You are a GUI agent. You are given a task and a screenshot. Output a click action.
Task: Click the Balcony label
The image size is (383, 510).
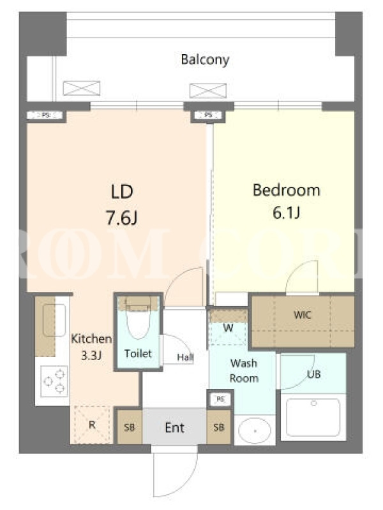click(205, 60)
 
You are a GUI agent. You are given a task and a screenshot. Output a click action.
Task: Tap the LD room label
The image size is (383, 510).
click(122, 192)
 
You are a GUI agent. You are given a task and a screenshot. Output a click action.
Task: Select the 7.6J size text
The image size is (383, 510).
click(122, 217)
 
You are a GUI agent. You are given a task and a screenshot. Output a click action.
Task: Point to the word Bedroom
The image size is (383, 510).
click(287, 190)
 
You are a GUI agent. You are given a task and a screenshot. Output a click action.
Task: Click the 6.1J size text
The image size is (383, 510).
click(286, 213)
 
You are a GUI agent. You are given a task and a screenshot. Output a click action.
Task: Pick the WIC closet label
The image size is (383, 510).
click(302, 315)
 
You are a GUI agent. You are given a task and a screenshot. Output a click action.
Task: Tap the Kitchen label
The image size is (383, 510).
click(91, 339)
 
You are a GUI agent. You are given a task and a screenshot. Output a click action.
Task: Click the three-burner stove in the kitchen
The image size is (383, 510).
click(54, 381)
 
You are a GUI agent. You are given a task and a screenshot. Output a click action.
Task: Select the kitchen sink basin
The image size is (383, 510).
click(54, 320)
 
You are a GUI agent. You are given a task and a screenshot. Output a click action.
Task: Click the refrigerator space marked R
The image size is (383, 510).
click(92, 425)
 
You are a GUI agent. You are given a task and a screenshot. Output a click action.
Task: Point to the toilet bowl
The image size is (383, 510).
click(139, 321)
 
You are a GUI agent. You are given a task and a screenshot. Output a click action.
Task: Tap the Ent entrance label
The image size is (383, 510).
click(174, 428)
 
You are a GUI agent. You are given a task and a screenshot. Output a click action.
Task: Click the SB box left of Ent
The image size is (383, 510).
click(130, 427)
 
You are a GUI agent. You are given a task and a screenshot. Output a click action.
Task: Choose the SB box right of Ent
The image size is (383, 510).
click(219, 427)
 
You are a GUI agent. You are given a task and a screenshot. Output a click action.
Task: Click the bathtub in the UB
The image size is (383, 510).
click(313, 418)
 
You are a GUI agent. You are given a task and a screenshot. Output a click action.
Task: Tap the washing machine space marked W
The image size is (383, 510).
click(228, 328)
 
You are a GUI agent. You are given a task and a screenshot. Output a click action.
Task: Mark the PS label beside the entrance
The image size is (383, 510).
click(220, 399)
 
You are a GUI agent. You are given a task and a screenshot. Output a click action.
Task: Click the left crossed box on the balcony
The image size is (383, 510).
click(82, 88)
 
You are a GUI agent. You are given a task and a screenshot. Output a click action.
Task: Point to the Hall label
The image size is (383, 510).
click(185, 358)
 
